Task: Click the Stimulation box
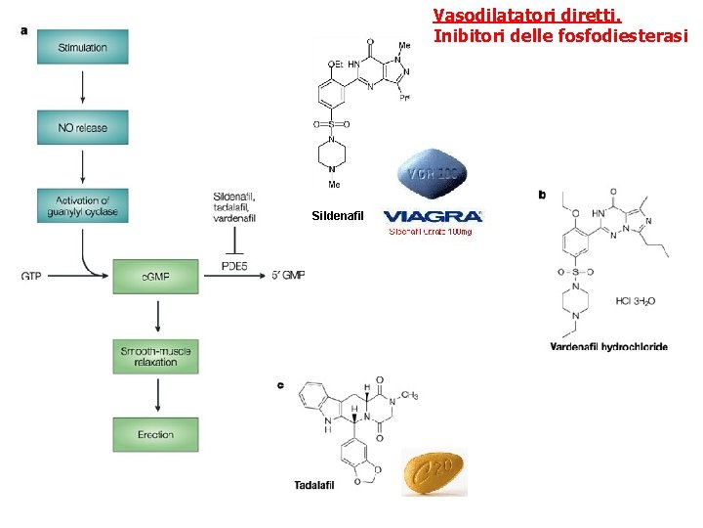[x=83, y=47]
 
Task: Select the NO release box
[x=83, y=127]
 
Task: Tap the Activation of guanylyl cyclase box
[x=83, y=205]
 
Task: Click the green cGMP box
[x=156, y=277]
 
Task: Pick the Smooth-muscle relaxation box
[x=155, y=356]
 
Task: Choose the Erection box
[x=155, y=434]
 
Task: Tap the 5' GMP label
[x=288, y=277]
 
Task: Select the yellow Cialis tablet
[x=434, y=472]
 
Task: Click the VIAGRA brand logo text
[x=433, y=216]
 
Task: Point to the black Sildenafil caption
[x=336, y=215]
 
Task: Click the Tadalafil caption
[x=314, y=485]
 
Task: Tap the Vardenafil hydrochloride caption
[x=608, y=346]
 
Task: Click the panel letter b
[x=542, y=195]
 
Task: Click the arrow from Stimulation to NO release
[x=83, y=87]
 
